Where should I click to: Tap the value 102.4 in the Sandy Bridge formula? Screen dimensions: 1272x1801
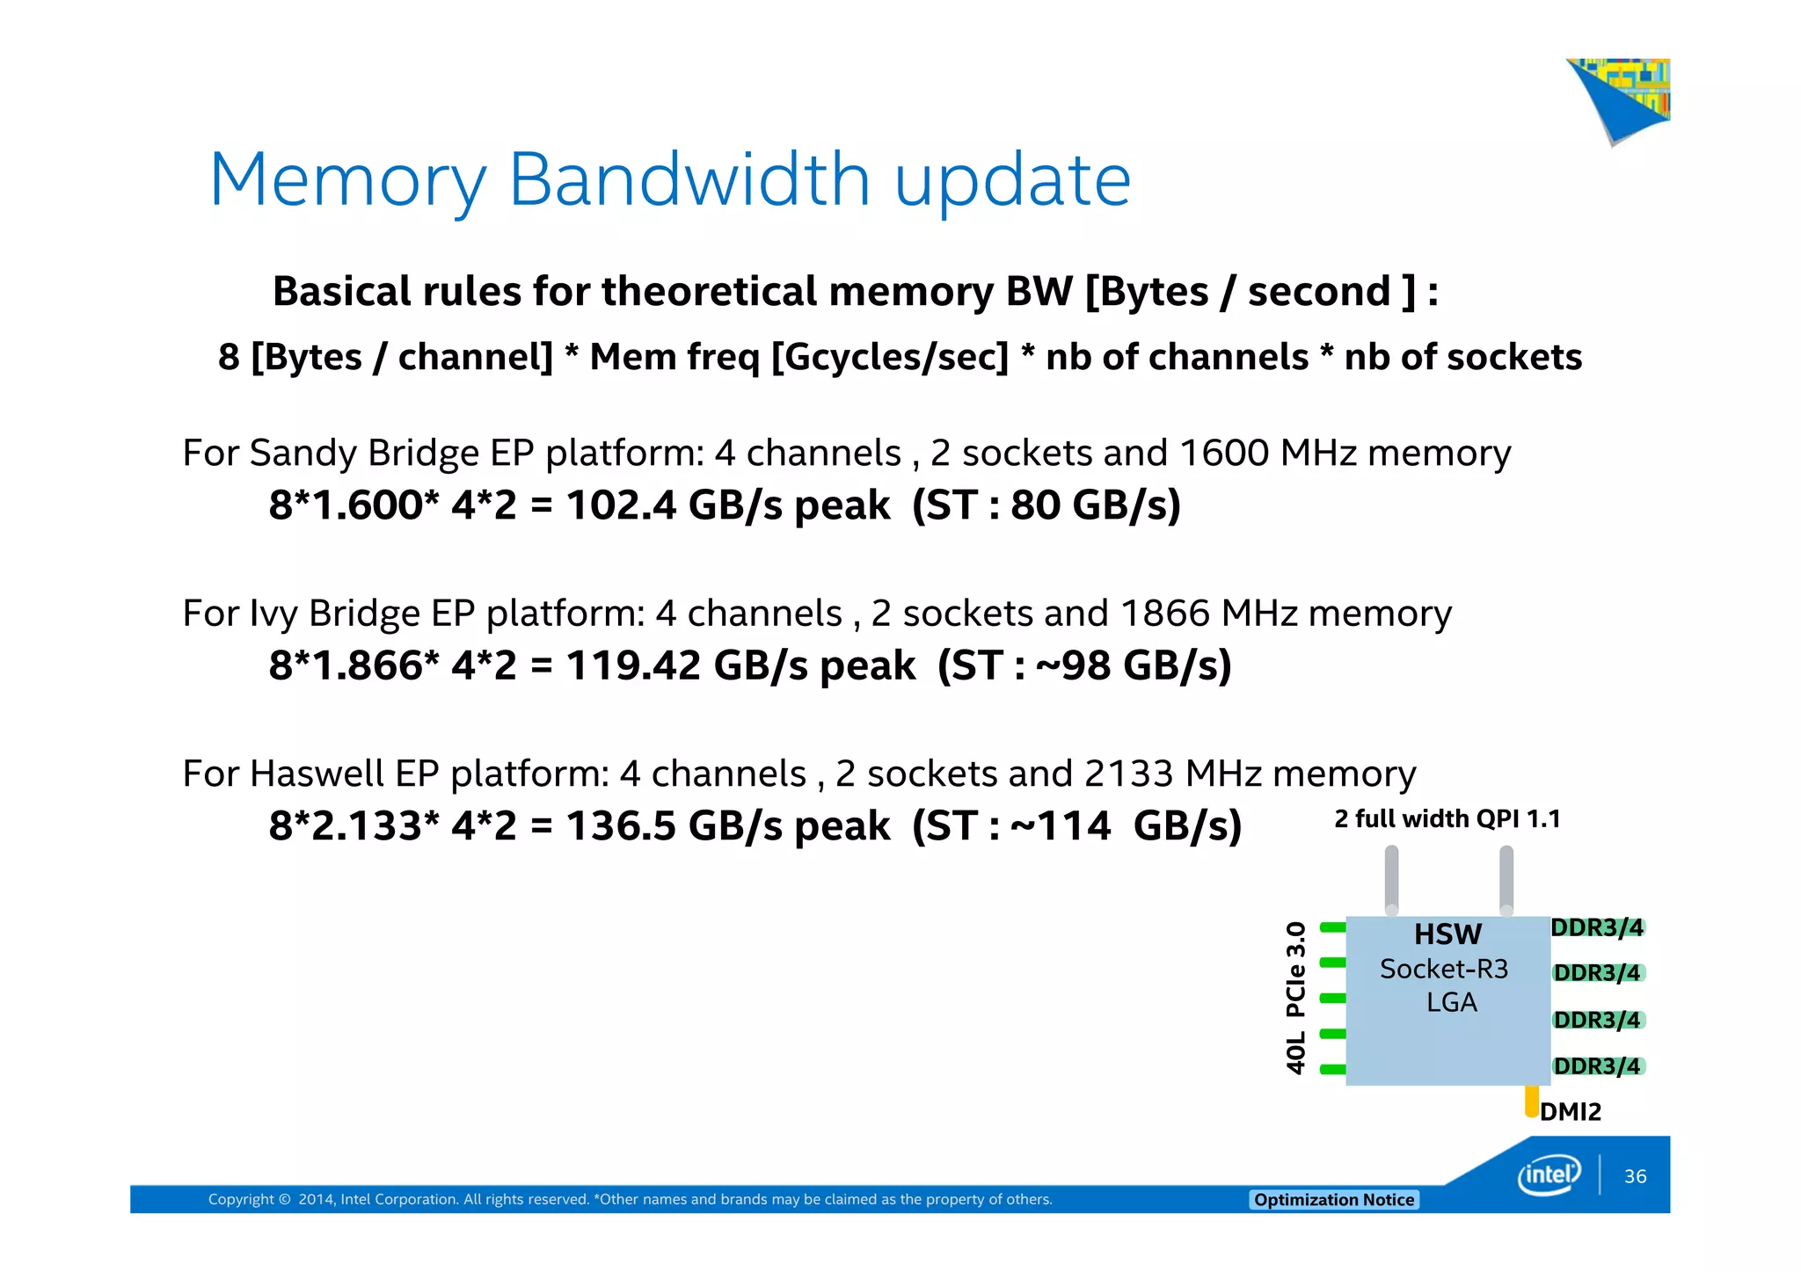(x=621, y=505)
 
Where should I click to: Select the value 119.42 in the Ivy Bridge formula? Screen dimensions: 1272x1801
(x=633, y=665)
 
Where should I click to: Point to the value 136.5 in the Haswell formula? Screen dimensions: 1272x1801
(x=621, y=826)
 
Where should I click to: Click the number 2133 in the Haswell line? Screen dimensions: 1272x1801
(x=1128, y=774)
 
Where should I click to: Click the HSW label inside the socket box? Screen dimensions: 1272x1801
(x=1447, y=934)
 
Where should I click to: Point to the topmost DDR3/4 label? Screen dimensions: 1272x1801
(x=1597, y=927)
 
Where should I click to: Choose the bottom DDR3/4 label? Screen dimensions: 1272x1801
(x=1597, y=1066)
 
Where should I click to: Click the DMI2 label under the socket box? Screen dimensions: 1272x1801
(x=1571, y=1112)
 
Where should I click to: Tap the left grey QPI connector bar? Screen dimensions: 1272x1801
(x=1391, y=879)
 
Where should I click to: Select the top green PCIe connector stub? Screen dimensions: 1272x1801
(x=1333, y=927)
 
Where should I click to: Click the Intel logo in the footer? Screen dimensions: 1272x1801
(x=1549, y=1175)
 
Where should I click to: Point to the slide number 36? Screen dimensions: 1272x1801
(x=1635, y=1176)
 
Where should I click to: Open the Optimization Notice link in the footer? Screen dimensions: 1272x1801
(x=1334, y=1200)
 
